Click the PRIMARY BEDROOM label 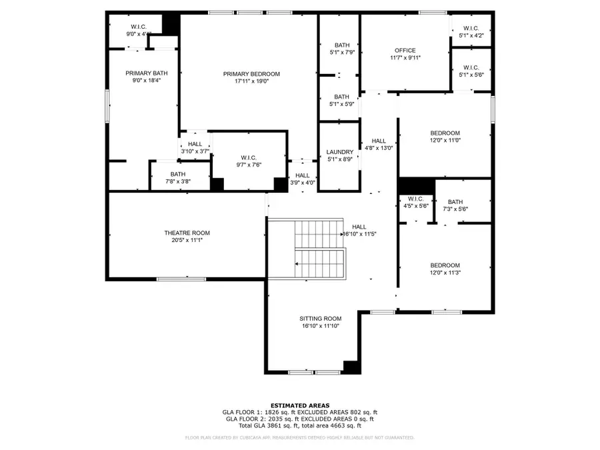pos(251,74)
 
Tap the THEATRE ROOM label pos(187,233)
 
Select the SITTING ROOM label pos(320,319)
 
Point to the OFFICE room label pos(405,51)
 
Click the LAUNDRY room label pos(339,152)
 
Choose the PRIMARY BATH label pos(147,73)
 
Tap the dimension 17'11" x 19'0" pos(251,81)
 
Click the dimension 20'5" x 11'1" pos(187,240)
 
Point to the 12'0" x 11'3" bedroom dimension pos(445,273)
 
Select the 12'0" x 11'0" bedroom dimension pos(445,141)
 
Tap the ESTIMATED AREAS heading pos(299,405)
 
